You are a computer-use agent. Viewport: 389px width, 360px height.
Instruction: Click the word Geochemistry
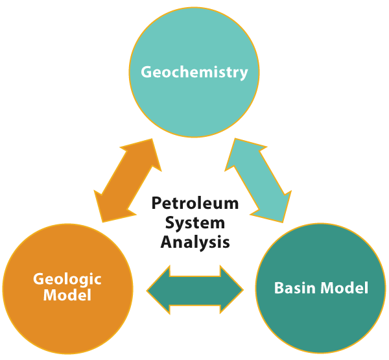[194, 72]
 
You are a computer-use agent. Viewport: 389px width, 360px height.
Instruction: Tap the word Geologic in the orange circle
[67, 280]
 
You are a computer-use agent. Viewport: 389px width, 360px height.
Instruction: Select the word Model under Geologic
[67, 295]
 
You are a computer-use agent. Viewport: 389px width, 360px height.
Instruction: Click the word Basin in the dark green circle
[295, 288]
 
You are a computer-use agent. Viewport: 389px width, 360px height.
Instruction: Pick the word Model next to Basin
[344, 288]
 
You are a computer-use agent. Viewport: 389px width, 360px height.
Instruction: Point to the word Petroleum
[195, 203]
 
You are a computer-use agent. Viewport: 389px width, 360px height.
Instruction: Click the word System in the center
[195, 223]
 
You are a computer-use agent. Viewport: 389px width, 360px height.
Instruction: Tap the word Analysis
[195, 242]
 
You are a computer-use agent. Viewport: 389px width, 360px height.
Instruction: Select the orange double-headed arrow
[128, 180]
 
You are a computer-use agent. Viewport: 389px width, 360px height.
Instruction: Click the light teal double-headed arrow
[258, 180]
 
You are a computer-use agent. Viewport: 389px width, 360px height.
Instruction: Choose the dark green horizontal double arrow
[195, 290]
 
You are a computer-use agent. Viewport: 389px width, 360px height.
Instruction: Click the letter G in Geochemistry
[147, 72]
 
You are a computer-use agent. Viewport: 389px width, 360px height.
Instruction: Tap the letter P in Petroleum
[156, 203]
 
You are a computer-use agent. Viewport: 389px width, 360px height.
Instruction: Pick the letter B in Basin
[279, 288]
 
